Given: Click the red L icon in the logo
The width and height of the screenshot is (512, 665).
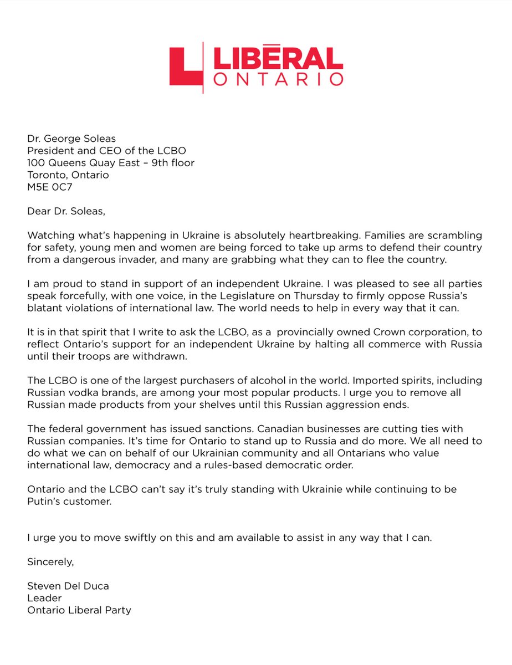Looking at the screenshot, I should [185, 66].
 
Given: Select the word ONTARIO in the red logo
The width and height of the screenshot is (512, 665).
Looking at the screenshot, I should [278, 79].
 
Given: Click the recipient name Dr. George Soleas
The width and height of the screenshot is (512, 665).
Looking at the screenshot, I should [72, 138].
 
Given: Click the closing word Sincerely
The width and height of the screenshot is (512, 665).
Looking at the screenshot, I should [50, 561].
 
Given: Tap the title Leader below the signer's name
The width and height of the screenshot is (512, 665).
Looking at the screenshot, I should [44, 598].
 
